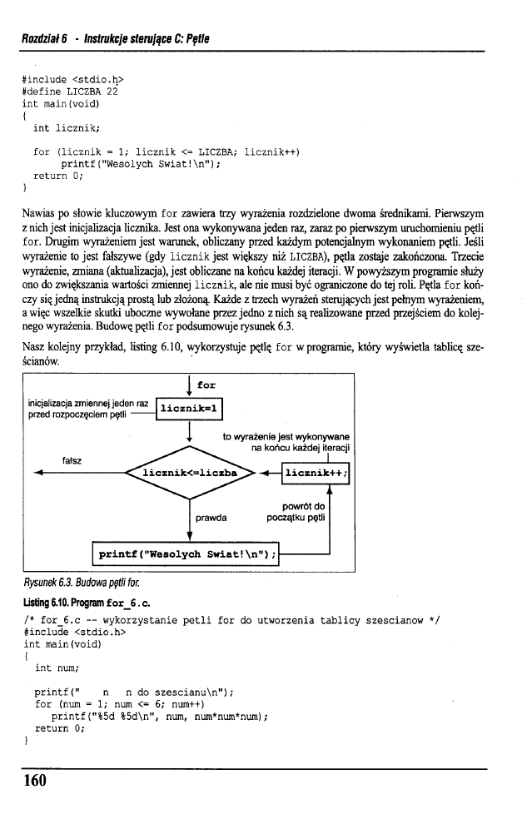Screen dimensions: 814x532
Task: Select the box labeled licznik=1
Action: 190,409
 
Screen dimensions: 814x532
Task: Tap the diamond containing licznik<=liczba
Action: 191,473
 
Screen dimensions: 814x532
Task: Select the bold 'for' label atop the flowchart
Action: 206,385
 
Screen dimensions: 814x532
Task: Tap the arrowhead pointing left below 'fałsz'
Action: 39,474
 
